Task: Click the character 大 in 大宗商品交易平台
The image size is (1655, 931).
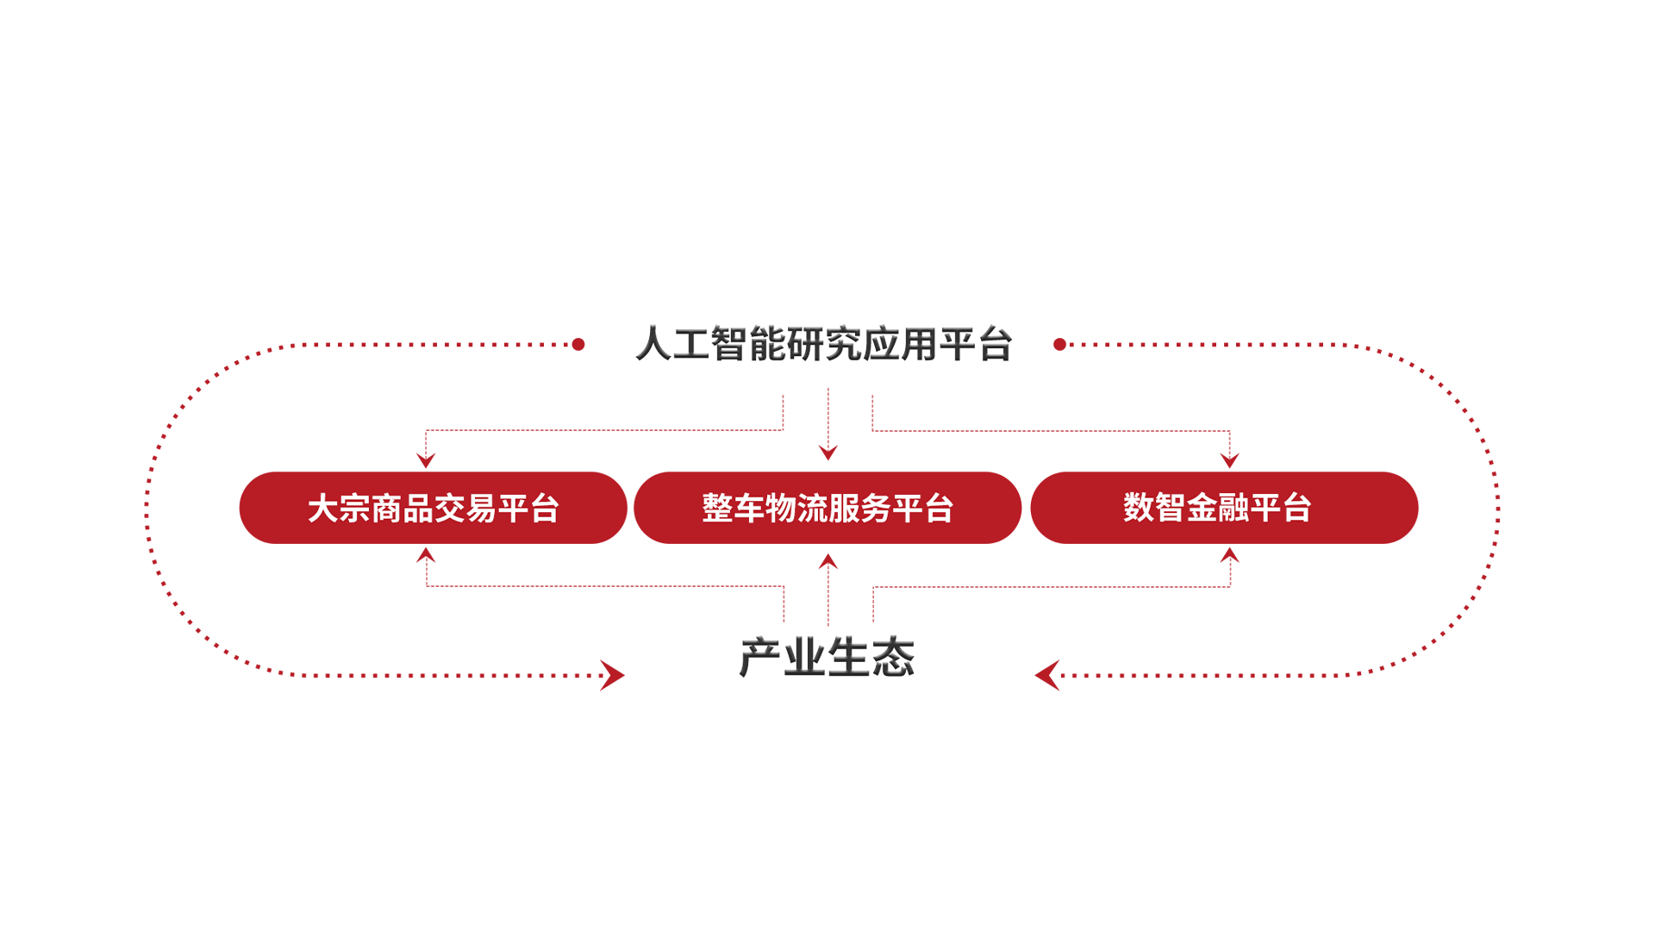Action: pyautogui.click(x=323, y=509)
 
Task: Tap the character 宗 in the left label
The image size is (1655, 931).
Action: pyautogui.click(x=355, y=509)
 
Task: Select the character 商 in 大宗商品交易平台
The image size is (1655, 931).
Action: pyautogui.click(x=387, y=509)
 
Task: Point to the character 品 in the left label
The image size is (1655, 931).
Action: pyautogui.click(x=418, y=509)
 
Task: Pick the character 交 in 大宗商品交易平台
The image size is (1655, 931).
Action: pyautogui.click(x=450, y=509)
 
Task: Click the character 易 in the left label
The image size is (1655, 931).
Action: pyautogui.click(x=481, y=509)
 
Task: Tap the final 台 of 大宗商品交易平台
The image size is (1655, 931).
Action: pyautogui.click(x=545, y=509)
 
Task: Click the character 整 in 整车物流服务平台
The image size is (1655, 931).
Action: pyautogui.click(x=717, y=509)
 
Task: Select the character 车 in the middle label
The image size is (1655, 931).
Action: pyautogui.click(x=749, y=509)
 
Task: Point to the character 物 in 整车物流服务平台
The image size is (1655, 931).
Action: pyautogui.click(x=781, y=509)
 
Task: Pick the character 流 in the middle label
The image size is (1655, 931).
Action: pyautogui.click(x=812, y=509)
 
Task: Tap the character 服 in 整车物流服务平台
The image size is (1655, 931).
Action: pyautogui.click(x=844, y=509)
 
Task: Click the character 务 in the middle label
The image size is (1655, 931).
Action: pyautogui.click(x=875, y=509)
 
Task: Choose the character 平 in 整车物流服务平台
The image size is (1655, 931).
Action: pyautogui.click(x=907, y=509)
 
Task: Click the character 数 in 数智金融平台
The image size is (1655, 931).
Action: pyautogui.click(x=1139, y=508)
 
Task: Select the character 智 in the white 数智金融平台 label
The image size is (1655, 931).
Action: pyautogui.click(x=1171, y=508)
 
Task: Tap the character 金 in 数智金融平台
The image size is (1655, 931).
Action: pyautogui.click(x=1202, y=508)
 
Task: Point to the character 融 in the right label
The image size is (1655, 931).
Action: pyautogui.click(x=1233, y=508)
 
